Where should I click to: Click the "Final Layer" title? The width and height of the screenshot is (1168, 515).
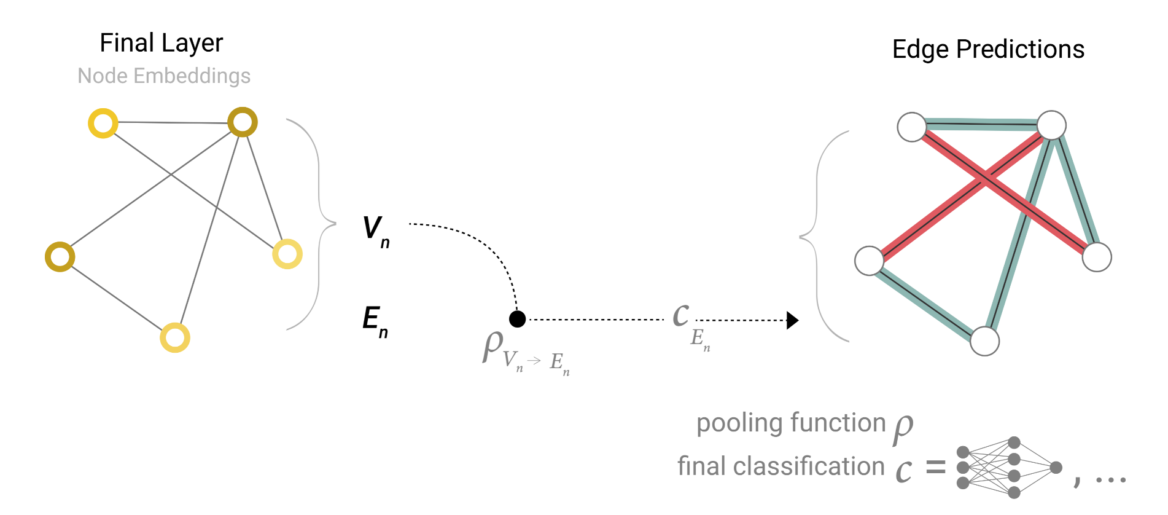(x=161, y=43)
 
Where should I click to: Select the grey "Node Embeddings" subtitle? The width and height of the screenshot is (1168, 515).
(x=164, y=76)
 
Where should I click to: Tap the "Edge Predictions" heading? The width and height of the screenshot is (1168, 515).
(x=988, y=49)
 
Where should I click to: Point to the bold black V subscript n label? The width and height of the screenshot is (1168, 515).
(x=375, y=230)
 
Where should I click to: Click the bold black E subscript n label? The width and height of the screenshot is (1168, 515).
(x=375, y=321)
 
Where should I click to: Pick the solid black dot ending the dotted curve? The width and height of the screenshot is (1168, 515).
(x=518, y=319)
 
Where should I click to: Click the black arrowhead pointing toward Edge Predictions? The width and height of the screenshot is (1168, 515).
(x=792, y=320)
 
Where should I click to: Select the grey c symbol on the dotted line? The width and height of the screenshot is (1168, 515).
(x=680, y=315)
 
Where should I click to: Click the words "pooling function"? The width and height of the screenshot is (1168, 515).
(x=791, y=423)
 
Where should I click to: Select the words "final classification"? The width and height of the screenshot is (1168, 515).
(x=781, y=466)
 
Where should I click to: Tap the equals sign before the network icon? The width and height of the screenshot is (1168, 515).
(x=935, y=468)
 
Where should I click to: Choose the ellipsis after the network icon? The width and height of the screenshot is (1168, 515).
(x=1110, y=479)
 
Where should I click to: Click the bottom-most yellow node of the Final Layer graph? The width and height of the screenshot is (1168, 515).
(x=175, y=338)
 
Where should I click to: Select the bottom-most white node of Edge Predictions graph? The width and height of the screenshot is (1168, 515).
(x=984, y=341)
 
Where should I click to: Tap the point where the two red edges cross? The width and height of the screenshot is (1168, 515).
(x=985, y=179)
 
